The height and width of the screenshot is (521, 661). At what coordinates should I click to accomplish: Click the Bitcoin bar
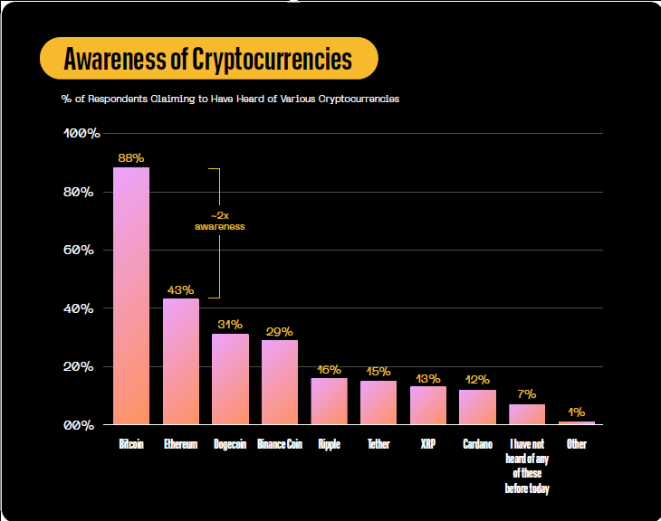click(131, 296)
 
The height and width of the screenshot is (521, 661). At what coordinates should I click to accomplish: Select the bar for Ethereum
click(180, 361)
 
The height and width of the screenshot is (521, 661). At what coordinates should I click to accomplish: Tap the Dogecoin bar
click(230, 379)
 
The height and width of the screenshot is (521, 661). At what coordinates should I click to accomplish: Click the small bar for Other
click(576, 422)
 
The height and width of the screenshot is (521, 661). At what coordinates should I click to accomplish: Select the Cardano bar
click(477, 407)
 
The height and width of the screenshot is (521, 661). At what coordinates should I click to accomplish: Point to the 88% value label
click(131, 157)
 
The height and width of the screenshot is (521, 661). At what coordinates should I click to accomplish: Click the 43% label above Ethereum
click(180, 289)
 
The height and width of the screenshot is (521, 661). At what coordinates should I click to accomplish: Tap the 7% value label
click(527, 394)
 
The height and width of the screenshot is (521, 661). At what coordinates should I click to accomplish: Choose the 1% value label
click(576, 412)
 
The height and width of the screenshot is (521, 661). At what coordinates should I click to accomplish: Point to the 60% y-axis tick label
click(81, 251)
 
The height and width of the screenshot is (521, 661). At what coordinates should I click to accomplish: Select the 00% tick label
click(81, 425)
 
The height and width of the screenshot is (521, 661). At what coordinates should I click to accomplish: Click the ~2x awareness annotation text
click(220, 222)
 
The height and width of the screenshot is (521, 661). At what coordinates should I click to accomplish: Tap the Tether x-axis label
click(378, 445)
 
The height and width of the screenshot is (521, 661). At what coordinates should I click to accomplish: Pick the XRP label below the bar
click(428, 445)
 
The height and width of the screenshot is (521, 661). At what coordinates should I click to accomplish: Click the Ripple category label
click(329, 445)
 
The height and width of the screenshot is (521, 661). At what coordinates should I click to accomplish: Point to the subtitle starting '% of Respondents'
click(230, 99)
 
